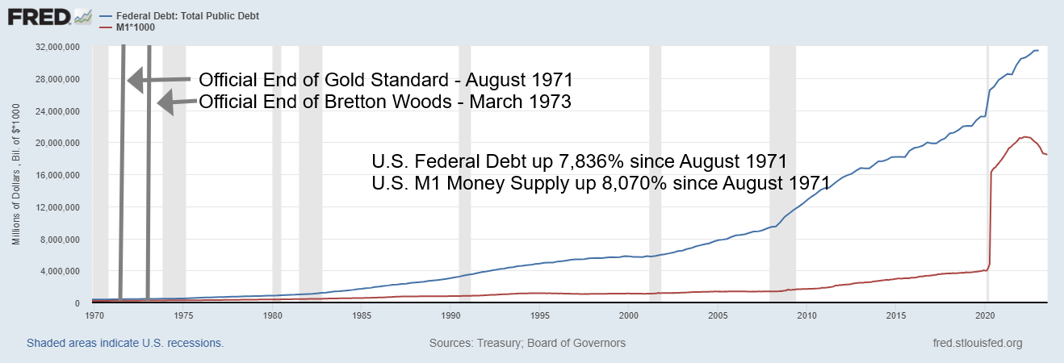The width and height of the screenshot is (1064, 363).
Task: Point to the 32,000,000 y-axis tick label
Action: click(57, 48)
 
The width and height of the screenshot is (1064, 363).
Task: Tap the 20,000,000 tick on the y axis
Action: click(57, 144)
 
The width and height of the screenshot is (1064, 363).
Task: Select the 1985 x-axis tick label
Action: click(362, 315)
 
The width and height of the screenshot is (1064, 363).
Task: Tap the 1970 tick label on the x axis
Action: click(94, 315)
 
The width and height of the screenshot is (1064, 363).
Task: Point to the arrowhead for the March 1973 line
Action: click(164, 102)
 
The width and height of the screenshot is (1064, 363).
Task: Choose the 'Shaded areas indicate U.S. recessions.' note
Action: click(125, 343)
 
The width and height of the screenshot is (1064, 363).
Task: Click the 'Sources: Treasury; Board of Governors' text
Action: click(527, 343)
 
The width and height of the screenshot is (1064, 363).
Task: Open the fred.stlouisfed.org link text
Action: click(976, 343)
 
